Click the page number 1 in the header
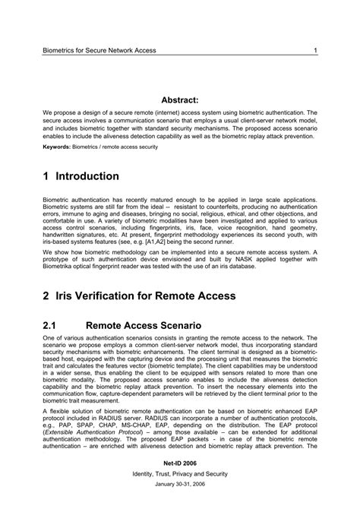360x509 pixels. [x=314, y=51]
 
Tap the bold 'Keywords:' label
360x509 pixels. [x=56, y=147]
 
